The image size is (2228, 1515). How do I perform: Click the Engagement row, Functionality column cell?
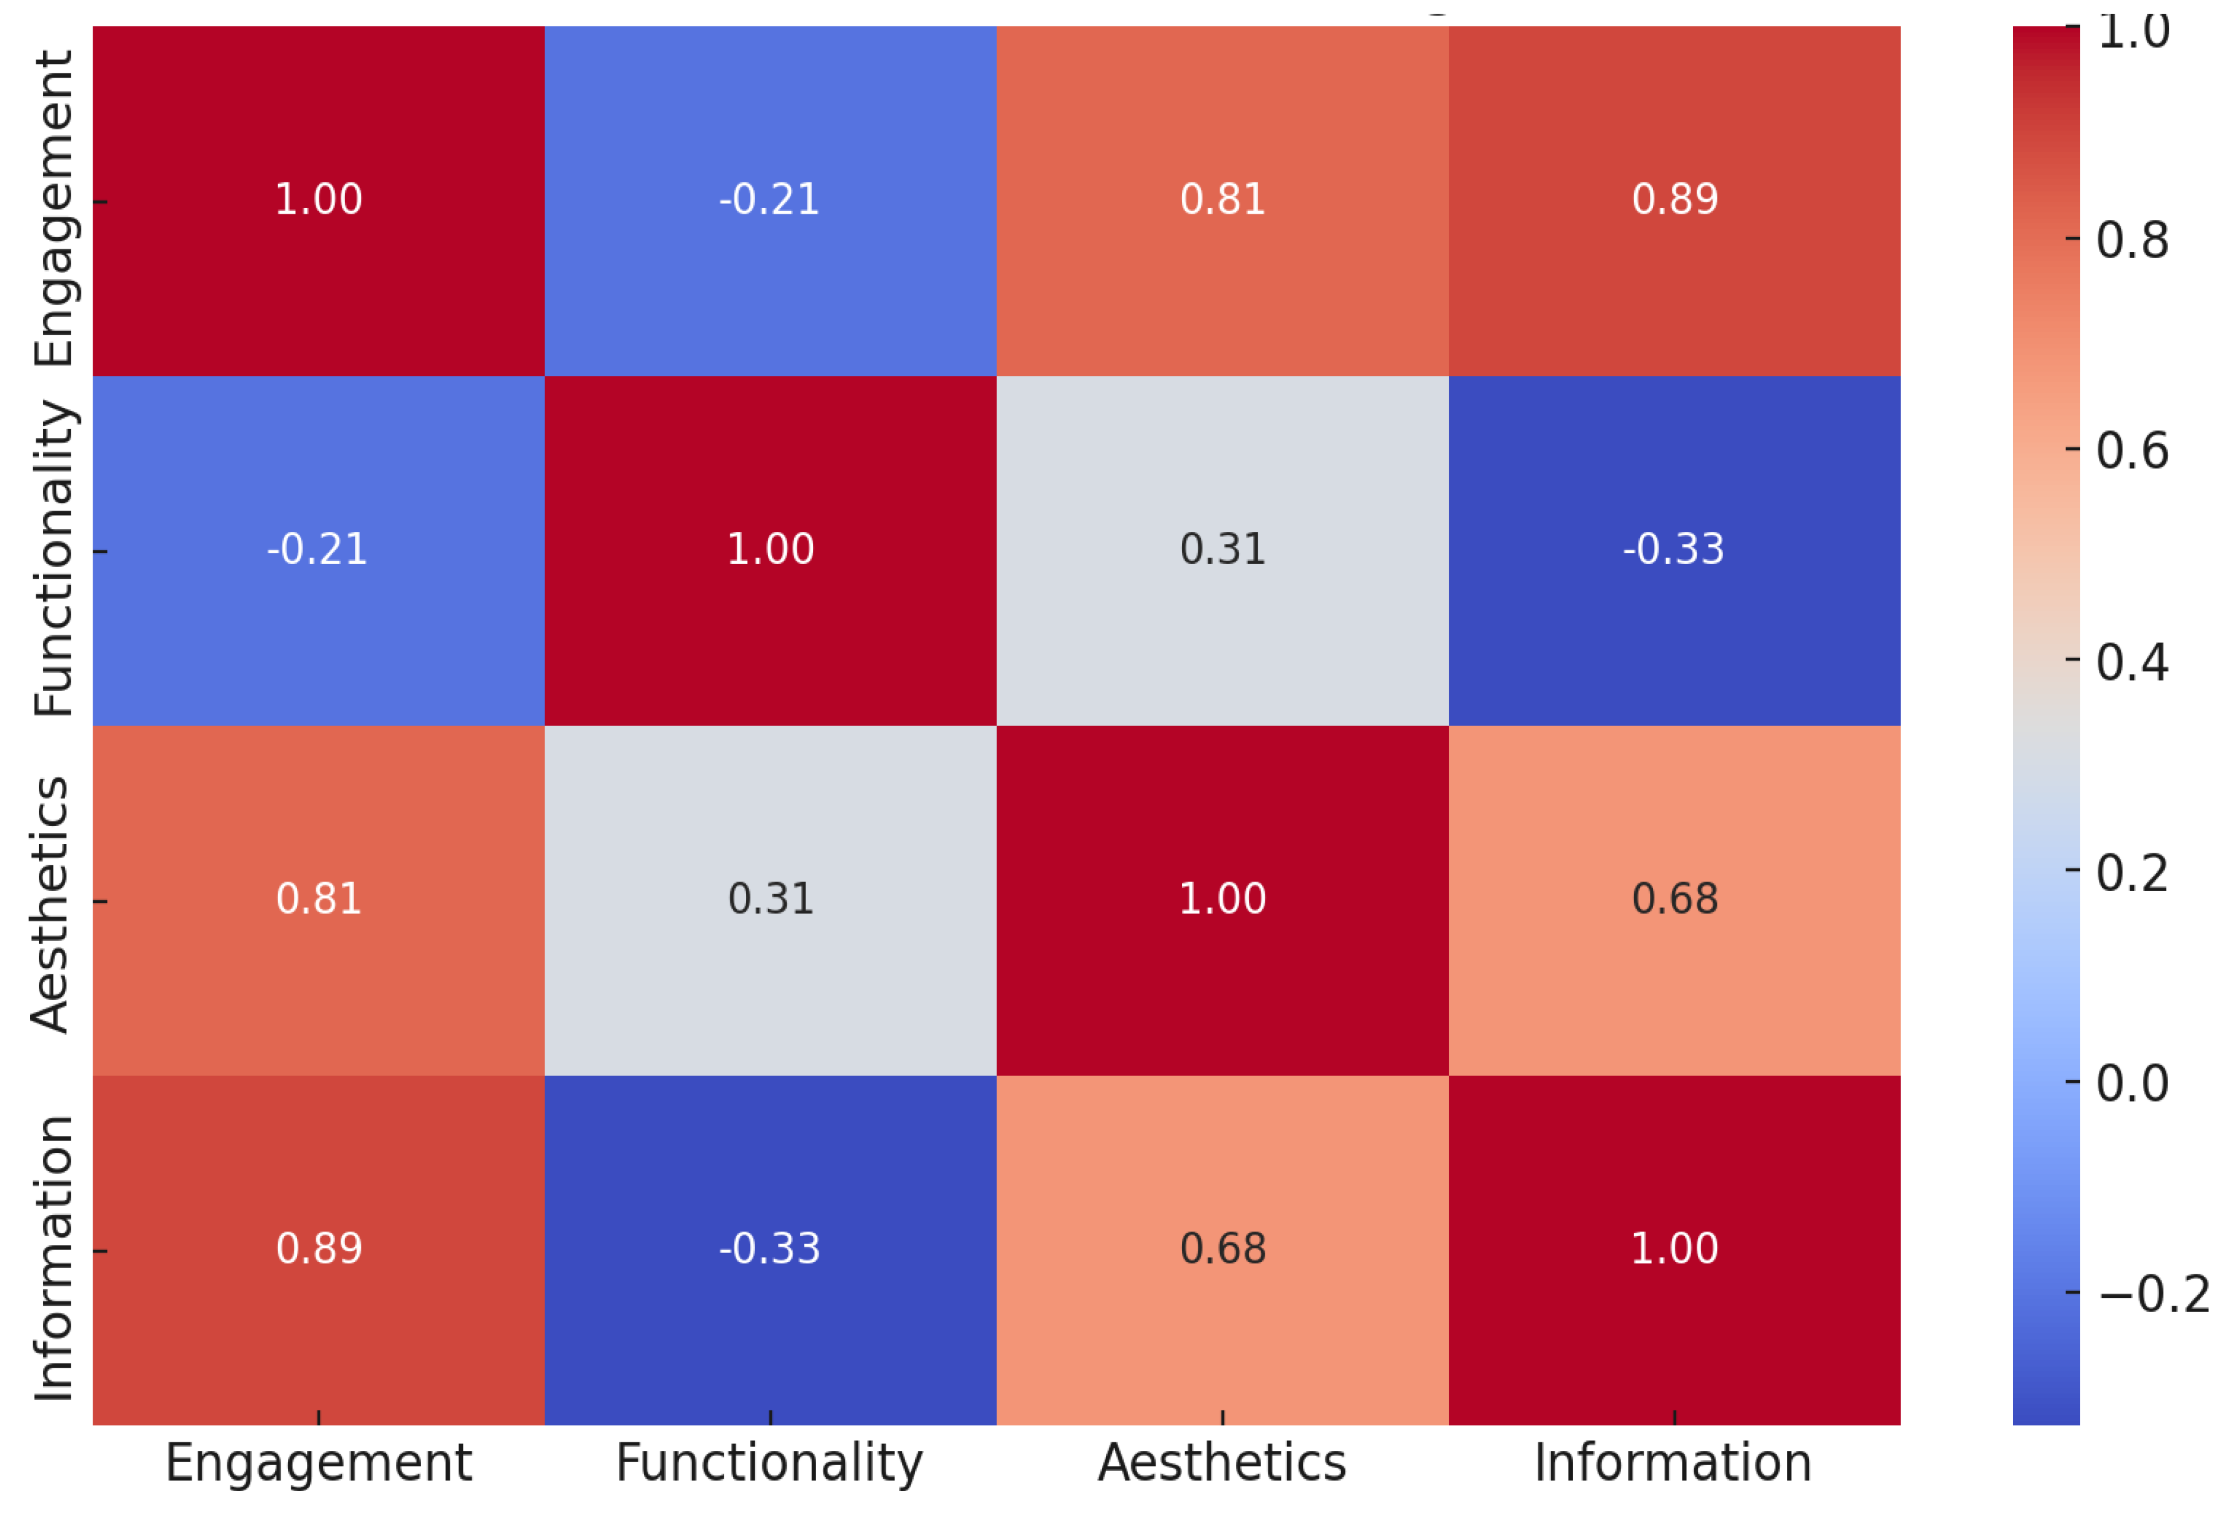(770, 201)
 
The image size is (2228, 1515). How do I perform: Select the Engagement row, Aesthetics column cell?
(1222, 201)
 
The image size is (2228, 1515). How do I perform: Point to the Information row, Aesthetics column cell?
(1222, 1249)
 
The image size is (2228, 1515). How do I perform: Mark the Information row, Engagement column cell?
(318, 1249)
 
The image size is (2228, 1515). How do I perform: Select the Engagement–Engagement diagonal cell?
(318, 201)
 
